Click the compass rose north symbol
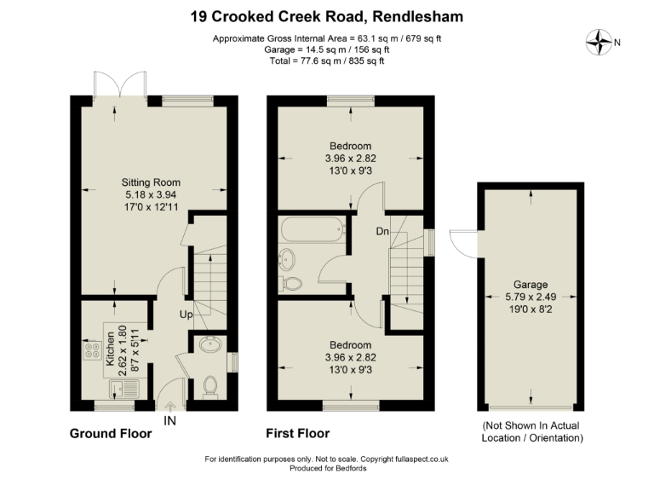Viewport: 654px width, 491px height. pos(601,41)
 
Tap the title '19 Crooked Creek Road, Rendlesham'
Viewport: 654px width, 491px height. pos(327,17)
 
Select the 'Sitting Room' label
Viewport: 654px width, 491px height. pos(151,182)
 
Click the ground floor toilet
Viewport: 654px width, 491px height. pos(212,385)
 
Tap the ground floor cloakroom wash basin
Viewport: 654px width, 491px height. pos(209,345)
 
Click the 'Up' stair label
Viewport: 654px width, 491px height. pos(185,315)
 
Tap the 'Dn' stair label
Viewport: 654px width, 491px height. pos(383,231)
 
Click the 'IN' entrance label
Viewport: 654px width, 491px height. pos(169,419)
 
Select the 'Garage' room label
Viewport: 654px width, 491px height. pos(530,284)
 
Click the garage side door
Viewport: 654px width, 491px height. pos(465,243)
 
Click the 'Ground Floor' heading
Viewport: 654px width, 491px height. pos(110,434)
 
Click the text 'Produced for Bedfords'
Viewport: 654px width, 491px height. pos(327,469)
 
